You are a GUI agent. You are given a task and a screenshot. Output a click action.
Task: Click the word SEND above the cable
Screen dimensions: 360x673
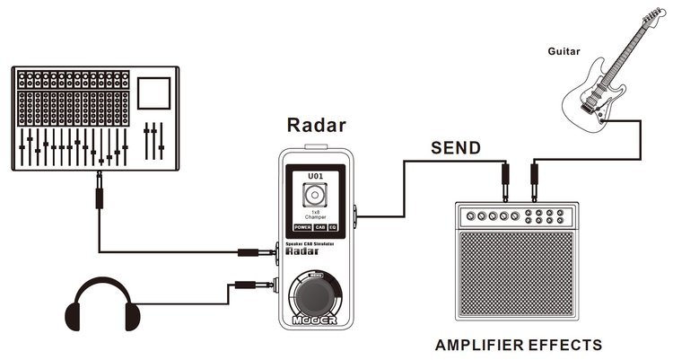[x=456, y=147]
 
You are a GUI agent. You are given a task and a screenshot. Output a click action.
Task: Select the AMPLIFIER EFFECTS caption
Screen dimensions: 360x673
[x=519, y=344]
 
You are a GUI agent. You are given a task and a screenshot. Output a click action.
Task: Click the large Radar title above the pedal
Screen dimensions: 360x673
[x=317, y=124]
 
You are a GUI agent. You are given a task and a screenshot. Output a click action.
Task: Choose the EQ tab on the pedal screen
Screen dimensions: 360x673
[x=332, y=227]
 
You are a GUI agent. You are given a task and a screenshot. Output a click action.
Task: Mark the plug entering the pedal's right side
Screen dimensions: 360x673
[x=357, y=215]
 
